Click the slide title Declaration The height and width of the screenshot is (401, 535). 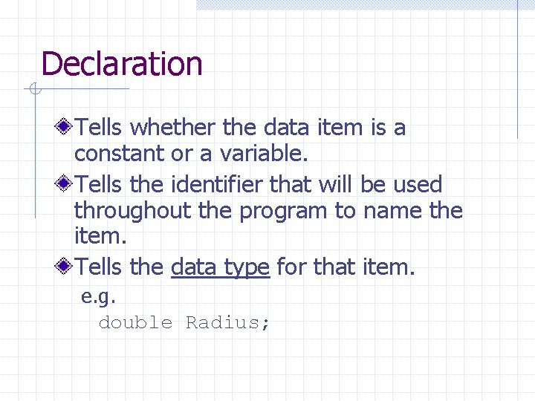(122, 64)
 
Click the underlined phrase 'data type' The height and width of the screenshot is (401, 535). (220, 266)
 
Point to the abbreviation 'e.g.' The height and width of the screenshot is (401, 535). (98, 297)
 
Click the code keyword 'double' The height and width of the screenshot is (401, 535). (135, 322)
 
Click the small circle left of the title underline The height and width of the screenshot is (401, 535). (34, 91)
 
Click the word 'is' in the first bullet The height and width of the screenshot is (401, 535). (377, 128)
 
